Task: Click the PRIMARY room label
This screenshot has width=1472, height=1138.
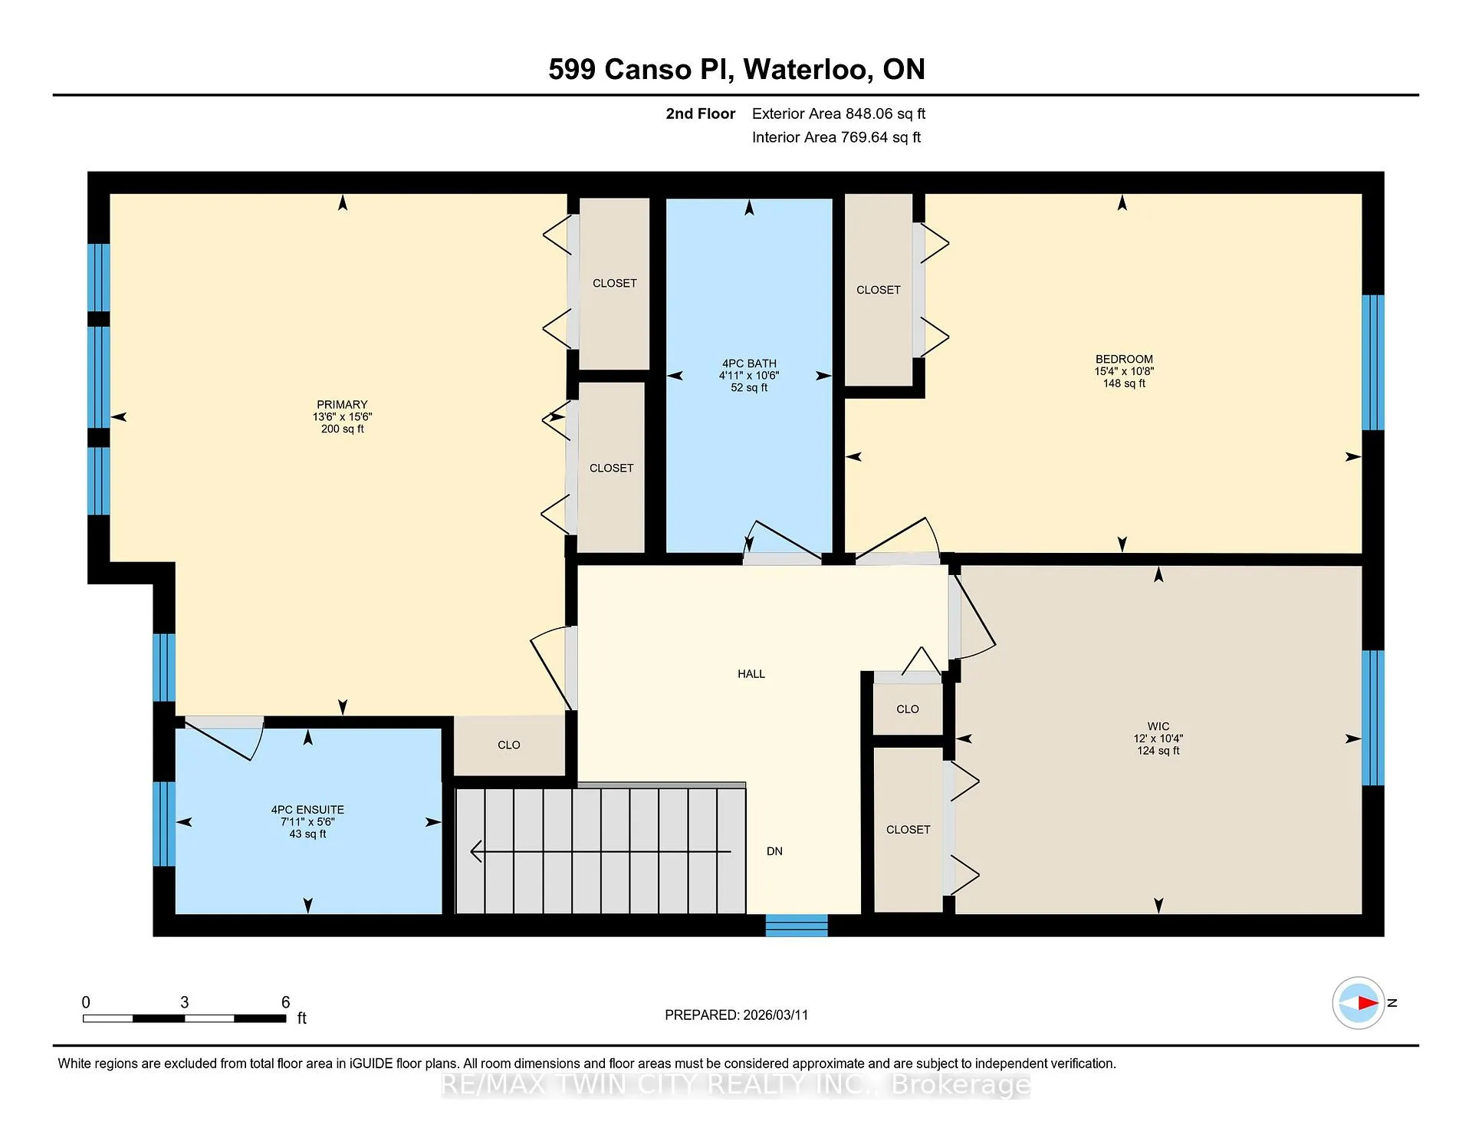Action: [342, 405]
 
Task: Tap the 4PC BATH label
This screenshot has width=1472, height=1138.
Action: [749, 363]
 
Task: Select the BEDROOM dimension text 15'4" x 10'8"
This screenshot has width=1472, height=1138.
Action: [1124, 371]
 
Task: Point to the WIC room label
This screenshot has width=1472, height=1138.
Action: [1158, 726]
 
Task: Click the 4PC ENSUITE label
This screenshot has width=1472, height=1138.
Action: [307, 810]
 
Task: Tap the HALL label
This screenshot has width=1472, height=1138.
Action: [751, 674]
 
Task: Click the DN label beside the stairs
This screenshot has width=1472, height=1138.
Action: [774, 851]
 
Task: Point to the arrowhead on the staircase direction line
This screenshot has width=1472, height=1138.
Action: [475, 851]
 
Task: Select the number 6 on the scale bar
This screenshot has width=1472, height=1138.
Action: [286, 1002]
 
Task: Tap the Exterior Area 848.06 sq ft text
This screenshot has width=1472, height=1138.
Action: [839, 114]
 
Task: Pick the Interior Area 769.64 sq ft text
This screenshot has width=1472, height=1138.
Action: [836, 137]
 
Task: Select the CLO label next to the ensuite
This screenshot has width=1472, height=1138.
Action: [509, 745]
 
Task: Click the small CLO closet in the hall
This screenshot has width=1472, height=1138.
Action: [908, 709]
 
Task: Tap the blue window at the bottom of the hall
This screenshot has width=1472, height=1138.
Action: [797, 926]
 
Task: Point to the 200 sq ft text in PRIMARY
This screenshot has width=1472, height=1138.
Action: [342, 429]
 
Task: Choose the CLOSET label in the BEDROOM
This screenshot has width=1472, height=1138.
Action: [879, 290]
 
